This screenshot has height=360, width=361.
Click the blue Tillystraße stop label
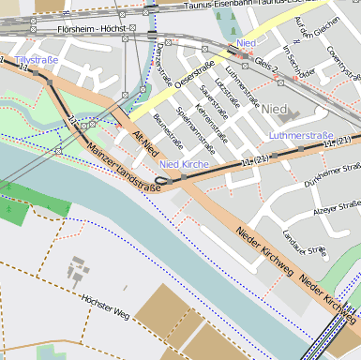click(x=37, y=60)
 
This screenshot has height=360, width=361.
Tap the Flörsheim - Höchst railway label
click(x=91, y=30)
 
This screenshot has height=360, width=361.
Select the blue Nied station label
click(x=247, y=44)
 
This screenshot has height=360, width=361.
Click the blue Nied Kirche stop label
click(x=184, y=165)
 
